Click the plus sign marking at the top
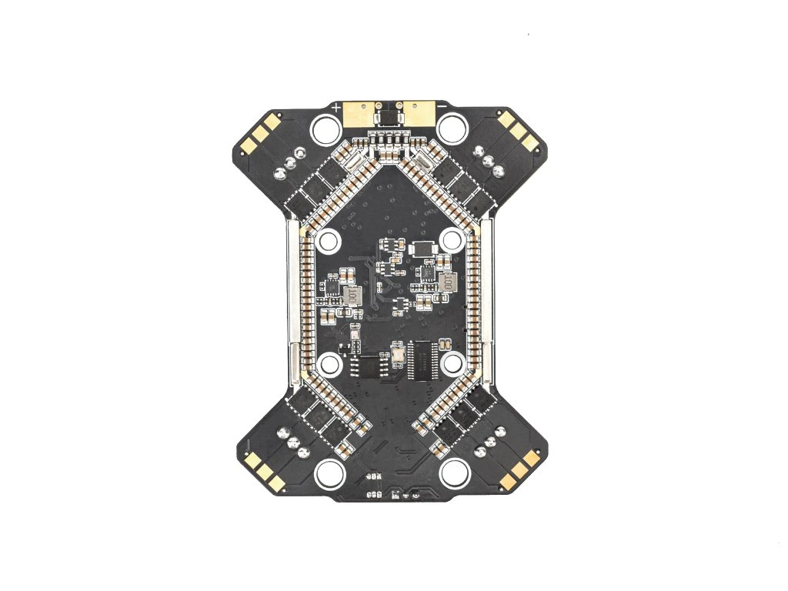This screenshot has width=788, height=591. point(337,108)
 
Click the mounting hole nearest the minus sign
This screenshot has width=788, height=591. point(454,128)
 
